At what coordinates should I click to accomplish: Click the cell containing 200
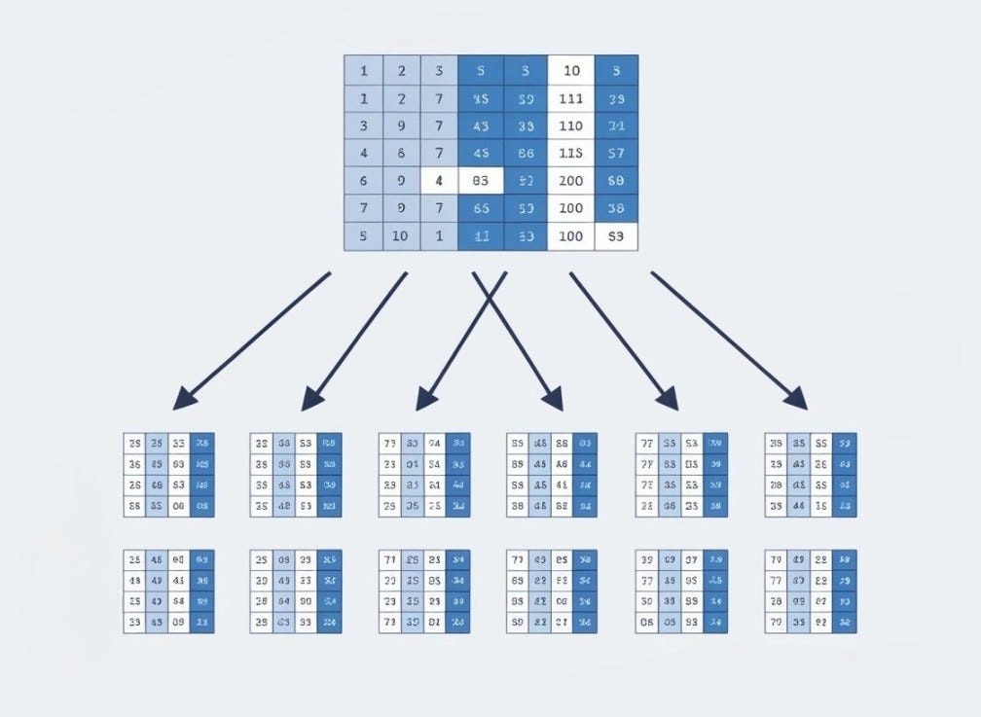(x=570, y=181)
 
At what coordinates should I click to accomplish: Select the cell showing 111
(x=570, y=98)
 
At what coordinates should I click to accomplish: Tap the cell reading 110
(x=570, y=125)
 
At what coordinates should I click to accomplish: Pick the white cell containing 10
(x=570, y=70)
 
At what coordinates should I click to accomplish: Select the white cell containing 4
(x=439, y=181)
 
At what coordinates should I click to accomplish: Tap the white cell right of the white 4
(x=480, y=181)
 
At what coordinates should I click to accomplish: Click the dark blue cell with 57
(x=615, y=154)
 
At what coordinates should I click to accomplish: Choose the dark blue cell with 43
(x=480, y=125)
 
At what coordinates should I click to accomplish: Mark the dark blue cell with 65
(x=480, y=208)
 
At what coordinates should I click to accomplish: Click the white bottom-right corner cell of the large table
(x=615, y=236)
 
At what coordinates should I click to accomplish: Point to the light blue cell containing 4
(x=364, y=154)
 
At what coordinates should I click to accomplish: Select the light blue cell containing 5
(x=364, y=236)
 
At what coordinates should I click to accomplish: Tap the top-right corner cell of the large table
(x=615, y=70)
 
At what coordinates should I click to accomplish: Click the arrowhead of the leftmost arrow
(x=182, y=400)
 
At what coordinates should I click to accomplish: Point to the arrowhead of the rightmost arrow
(x=798, y=400)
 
